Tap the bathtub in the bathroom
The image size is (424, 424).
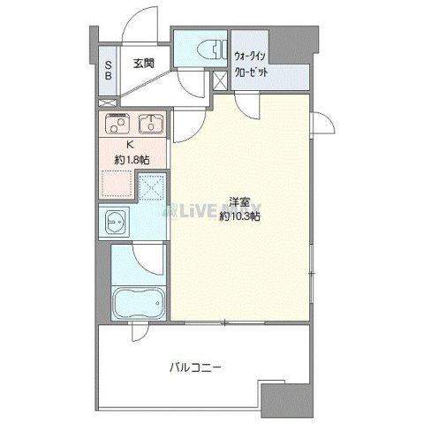(139, 305)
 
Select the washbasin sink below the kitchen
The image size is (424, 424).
(117, 222)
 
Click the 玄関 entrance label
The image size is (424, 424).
(144, 63)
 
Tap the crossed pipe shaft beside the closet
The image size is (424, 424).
(221, 80)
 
